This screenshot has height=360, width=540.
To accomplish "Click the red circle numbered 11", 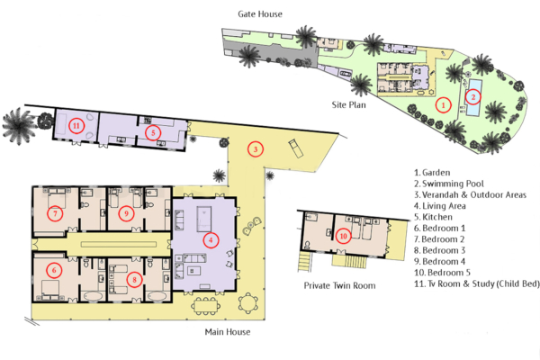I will point(76,126).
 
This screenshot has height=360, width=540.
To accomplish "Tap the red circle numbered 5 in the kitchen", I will point(153,131).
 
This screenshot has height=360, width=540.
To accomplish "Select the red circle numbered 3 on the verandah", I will point(255,149).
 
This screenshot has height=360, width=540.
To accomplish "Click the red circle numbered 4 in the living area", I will point(211,239).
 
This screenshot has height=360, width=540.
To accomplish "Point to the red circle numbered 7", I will point(56,213).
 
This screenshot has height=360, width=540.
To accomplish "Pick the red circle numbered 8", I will point(133,278).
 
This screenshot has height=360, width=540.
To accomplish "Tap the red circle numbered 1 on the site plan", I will point(442,104).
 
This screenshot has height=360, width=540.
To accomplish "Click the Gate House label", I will point(259,14).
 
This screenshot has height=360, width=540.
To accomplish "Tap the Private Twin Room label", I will point(339,285).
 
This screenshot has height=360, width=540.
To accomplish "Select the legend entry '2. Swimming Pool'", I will point(451,183).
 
